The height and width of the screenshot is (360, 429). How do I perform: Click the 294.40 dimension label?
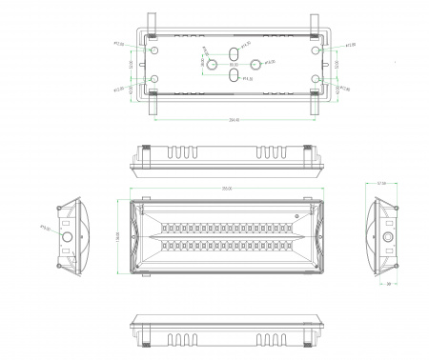pyautogui.click(x=233, y=120)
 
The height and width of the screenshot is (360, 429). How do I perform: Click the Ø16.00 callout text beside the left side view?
pyautogui.click(x=45, y=228)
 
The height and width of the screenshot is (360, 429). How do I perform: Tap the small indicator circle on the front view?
pyautogui.click(x=296, y=217)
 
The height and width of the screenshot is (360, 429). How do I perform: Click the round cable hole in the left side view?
pyautogui.click(x=68, y=234)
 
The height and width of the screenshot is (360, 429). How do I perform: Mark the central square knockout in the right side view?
pyautogui.click(x=387, y=234)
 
